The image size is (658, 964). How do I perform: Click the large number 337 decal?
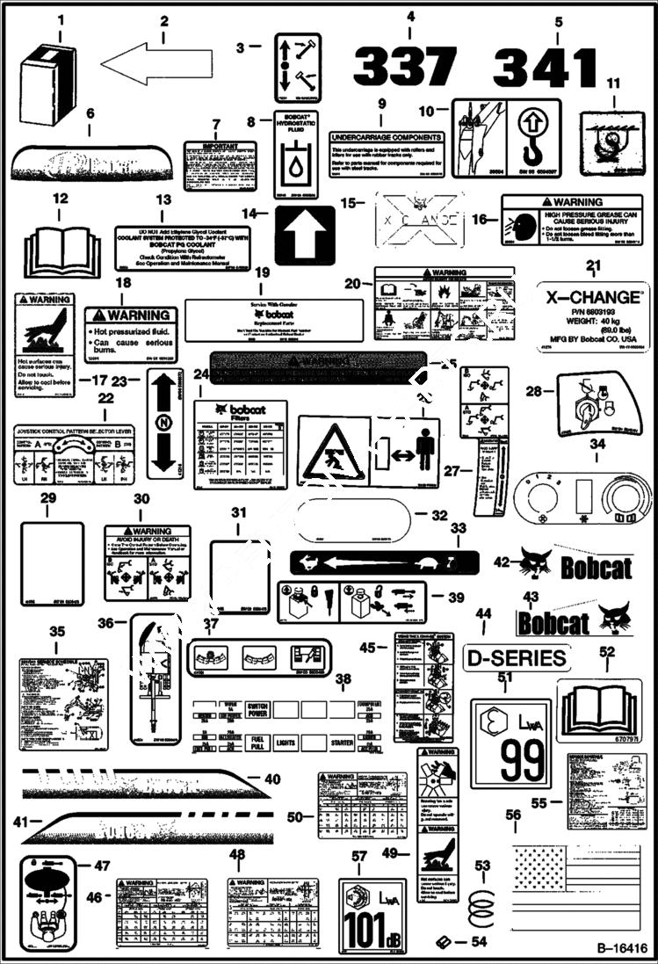tap(405, 67)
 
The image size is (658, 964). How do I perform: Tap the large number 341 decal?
tap(546, 68)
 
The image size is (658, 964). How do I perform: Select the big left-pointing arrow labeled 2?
tap(156, 64)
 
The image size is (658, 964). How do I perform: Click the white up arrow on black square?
tap(305, 235)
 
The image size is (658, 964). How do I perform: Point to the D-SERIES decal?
tap(516, 657)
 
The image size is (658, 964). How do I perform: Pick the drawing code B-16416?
tap(621, 948)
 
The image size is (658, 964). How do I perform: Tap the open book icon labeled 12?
tap(59, 250)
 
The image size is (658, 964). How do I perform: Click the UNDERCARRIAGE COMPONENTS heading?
tap(386, 138)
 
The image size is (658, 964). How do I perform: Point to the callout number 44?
tap(483, 612)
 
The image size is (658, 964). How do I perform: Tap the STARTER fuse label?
tap(342, 743)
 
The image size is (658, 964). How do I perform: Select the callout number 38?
tap(343, 678)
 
